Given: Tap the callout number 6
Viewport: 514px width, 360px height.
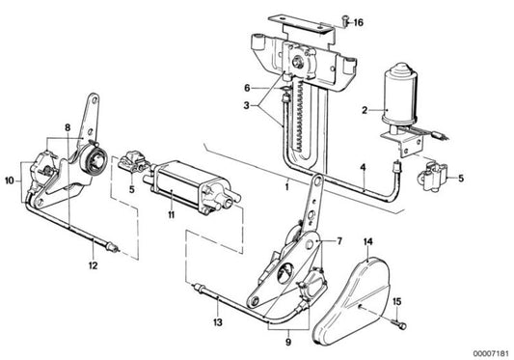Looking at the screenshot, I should tap(247, 87).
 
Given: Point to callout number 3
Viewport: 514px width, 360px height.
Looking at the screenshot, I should tap(247, 106).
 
